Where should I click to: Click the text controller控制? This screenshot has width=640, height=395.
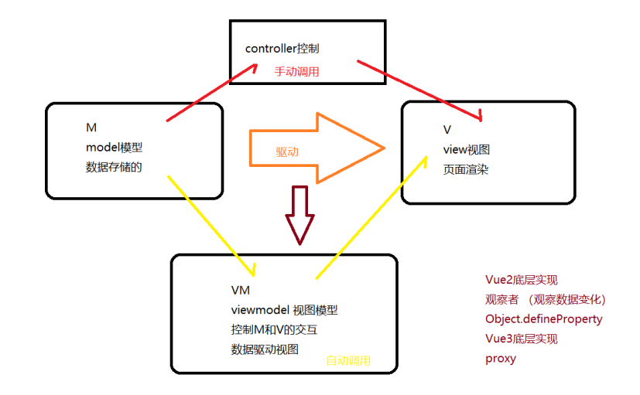pos(282,49)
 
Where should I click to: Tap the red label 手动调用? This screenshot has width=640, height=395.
pos(296,71)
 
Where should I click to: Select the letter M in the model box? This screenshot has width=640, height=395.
pos(91,127)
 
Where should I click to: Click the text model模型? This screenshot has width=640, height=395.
pos(115,147)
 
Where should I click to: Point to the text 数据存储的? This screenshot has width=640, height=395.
pos(115,167)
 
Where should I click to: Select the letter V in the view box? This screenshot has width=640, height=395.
pos(447,130)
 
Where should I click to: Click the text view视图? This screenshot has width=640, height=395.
pos(467,149)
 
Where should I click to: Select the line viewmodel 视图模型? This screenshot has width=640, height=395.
pos(284,310)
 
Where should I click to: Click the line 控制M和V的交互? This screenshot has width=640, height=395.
pos(274,330)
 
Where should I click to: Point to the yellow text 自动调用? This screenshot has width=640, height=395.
pos(348,360)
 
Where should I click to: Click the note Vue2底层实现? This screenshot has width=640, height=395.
pos(521,280)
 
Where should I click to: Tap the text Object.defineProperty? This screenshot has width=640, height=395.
pos(543,318)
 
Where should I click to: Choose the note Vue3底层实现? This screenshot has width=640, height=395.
pos(521,339)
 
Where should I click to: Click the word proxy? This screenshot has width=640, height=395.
pos(500,358)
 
